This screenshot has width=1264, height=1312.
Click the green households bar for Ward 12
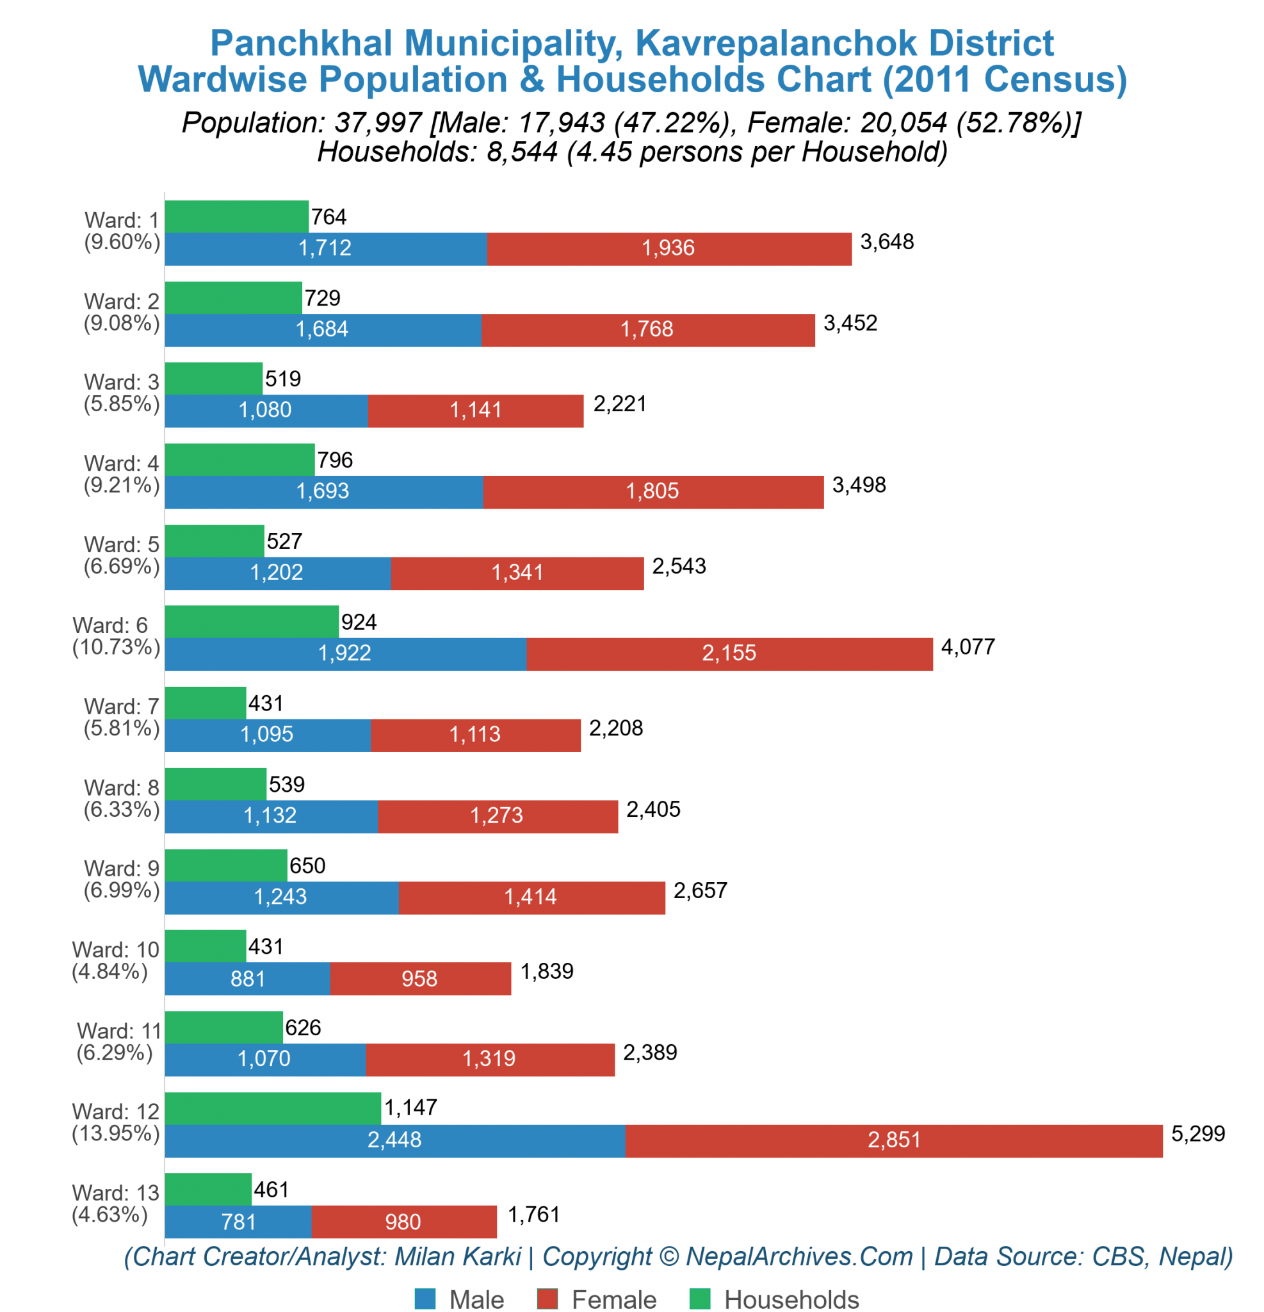coord(273,1108)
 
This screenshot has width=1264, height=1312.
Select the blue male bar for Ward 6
coord(346,653)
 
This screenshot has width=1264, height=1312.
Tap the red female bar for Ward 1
coord(669,249)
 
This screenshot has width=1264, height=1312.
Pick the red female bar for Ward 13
coord(404,1222)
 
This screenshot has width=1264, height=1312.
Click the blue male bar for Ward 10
coord(248,979)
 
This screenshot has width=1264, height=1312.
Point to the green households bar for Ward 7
coord(206,703)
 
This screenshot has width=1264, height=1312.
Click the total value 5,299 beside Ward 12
coord(1198,1133)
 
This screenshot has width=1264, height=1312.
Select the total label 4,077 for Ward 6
coord(968,646)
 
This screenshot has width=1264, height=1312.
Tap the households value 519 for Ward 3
coord(283,379)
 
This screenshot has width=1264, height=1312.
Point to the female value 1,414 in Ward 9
coord(530,896)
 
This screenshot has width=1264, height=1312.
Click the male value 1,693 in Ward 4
coord(323,491)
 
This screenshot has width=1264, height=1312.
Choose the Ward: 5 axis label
coord(122,545)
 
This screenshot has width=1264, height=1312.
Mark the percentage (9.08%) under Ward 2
coord(122,324)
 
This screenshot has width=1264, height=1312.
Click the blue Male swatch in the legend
coord(425,1299)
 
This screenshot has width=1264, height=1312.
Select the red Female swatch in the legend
coord(547,1299)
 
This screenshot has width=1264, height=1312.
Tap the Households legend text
coord(791,1299)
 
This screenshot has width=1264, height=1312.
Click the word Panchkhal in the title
coord(302,43)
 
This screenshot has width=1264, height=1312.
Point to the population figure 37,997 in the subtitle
coord(378,122)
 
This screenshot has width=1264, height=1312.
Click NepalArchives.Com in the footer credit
coord(800,1256)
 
